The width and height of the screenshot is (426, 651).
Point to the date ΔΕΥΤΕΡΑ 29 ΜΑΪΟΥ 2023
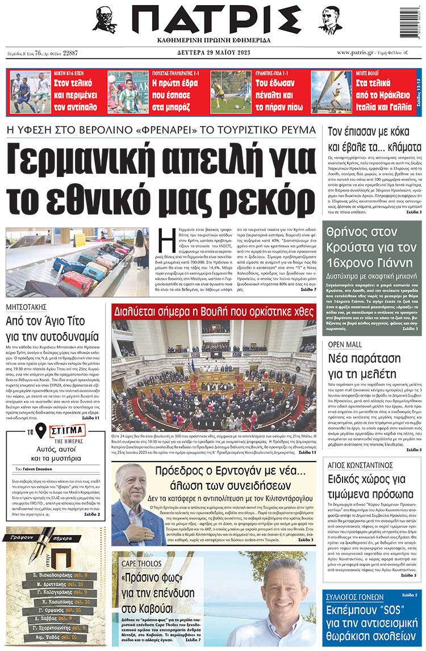(213, 53)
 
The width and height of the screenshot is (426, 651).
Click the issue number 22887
(70, 53)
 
